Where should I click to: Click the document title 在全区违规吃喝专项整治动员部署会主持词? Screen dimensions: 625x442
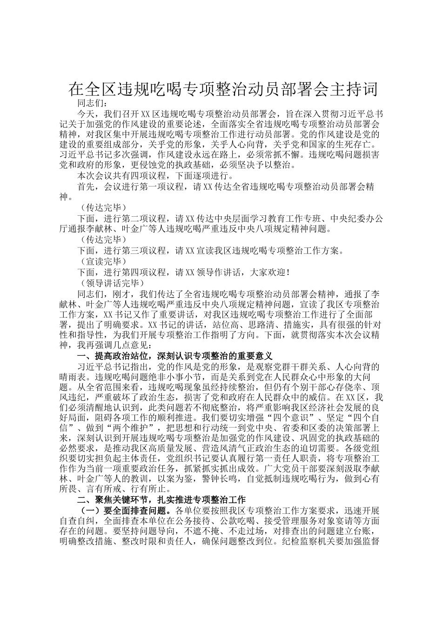point(223,89)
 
